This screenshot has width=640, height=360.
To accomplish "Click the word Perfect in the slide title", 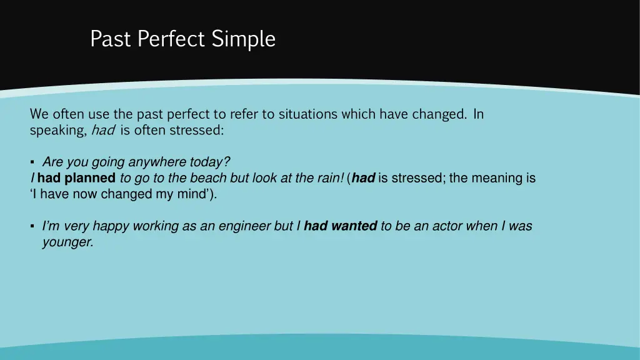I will pyautogui.click(x=171, y=39).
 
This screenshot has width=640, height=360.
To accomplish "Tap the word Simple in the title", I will pyautogui.click(x=243, y=39).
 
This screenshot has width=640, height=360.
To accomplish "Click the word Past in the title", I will pyautogui.click(x=111, y=39).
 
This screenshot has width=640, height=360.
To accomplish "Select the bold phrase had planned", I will pyautogui.click(x=76, y=178).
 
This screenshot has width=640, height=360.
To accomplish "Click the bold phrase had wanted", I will pyautogui.click(x=340, y=226).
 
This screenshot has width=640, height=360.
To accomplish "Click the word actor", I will pyautogui.click(x=441, y=226).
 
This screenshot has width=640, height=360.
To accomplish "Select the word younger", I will pyautogui.click(x=67, y=242).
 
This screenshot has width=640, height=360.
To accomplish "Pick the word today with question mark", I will pyautogui.click(x=210, y=162).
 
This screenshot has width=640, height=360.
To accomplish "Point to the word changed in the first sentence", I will pyautogui.click(x=439, y=114).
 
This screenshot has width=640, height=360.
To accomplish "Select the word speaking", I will pyautogui.click(x=57, y=131).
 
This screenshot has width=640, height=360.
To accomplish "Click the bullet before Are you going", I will pyautogui.click(x=32, y=162).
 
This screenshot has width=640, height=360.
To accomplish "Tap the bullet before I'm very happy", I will pyautogui.click(x=32, y=226).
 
